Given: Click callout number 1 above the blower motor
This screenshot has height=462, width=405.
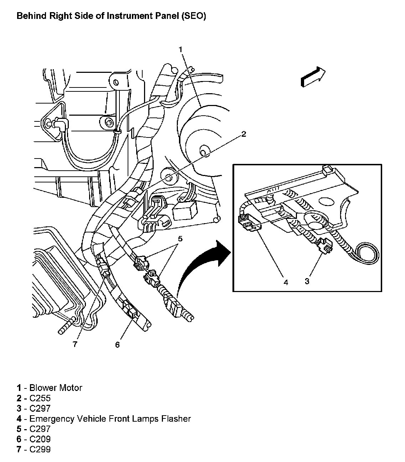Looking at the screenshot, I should point(181,49).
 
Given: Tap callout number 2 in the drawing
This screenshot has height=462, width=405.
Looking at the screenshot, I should point(243,134).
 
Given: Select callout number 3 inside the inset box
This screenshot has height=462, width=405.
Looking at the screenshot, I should point(307,281).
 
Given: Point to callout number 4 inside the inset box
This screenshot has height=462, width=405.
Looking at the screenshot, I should point(286,282).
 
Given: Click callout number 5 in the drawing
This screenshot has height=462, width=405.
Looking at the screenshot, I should point(180,238).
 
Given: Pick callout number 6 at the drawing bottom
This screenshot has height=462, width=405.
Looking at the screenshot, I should point(118,345).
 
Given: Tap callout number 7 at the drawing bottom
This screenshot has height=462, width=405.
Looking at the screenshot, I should point(75,345).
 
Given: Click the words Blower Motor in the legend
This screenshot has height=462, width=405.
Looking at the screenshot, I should point(56,388).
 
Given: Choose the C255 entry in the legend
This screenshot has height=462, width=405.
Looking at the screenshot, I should point(40,398).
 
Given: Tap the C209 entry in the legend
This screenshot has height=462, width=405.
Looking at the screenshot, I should point(40,439).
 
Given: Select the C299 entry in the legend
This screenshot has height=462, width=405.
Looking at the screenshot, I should point(40,449).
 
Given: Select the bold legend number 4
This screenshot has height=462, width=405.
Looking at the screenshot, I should point(19,418).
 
